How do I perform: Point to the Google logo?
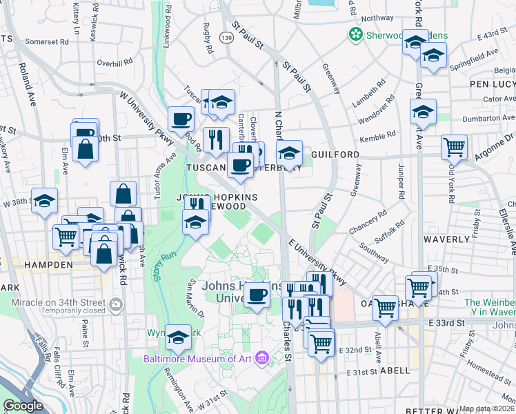point(23,406)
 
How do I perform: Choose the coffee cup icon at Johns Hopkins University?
point(257,295)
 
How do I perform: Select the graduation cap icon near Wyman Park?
point(178,336)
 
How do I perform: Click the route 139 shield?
point(226,36)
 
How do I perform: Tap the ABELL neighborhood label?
point(394,370)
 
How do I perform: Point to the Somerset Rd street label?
point(48,41)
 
